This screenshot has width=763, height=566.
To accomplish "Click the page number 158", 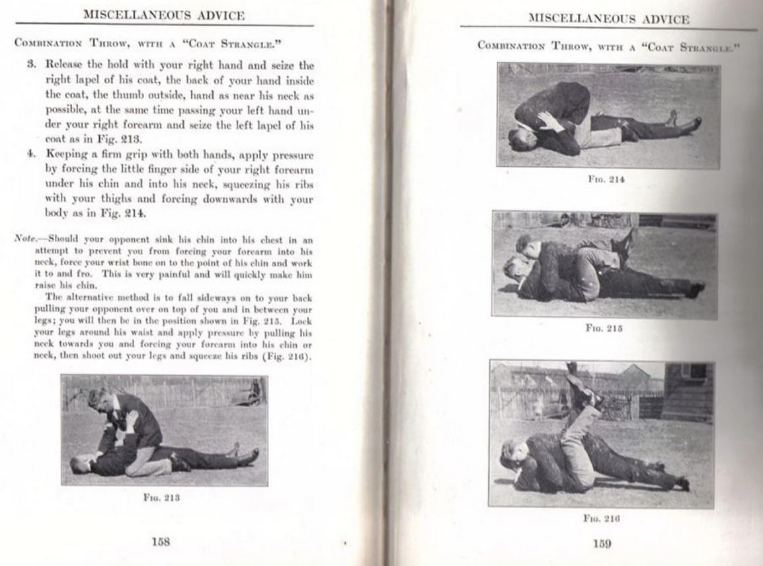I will pyautogui.click(x=161, y=541).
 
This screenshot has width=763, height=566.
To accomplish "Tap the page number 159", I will pyautogui.click(x=602, y=544).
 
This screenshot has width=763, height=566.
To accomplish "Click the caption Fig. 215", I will pyautogui.click(x=604, y=328).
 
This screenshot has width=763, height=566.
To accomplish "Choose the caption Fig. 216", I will pyautogui.click(x=602, y=519).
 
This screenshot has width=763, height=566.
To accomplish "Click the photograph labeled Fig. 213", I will pyautogui.click(x=165, y=431).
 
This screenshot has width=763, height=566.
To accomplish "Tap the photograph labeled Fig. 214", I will pyautogui.click(x=609, y=116).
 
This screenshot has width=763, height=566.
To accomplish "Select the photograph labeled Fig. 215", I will pyautogui.click(x=604, y=265).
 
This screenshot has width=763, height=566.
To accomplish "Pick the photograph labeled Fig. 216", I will pyautogui.click(x=602, y=434).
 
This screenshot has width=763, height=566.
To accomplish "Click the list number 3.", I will pyautogui.click(x=30, y=66).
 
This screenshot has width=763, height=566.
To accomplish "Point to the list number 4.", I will pyautogui.click(x=30, y=154).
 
